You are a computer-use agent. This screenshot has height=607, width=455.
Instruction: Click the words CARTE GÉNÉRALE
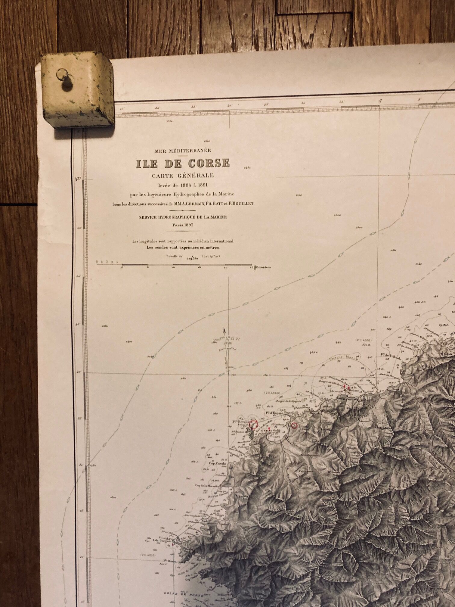pos(183,175)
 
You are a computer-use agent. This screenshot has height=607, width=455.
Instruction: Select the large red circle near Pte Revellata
pos(255,424)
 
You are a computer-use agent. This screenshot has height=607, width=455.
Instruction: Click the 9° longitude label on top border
pos(380,101)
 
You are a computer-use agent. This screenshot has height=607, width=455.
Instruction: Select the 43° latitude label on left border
pos(79,179)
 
